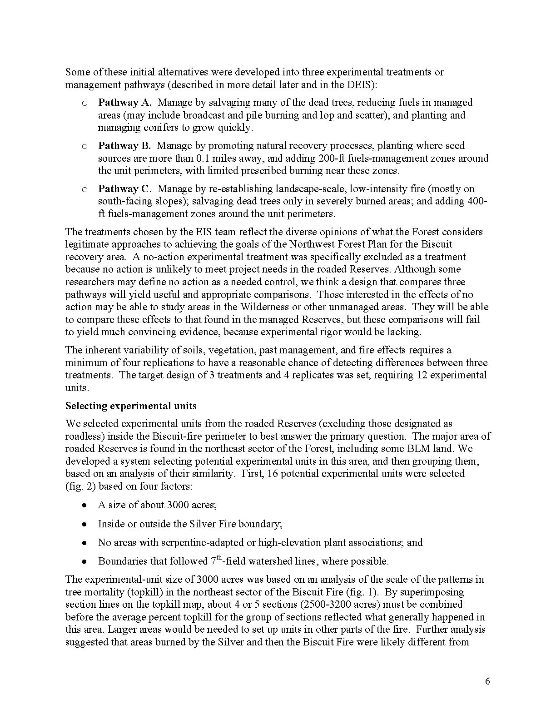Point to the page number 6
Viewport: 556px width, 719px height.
[x=487, y=681]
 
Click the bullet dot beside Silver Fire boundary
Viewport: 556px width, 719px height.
[x=84, y=524]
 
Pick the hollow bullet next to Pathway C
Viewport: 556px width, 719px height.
[x=84, y=189]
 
